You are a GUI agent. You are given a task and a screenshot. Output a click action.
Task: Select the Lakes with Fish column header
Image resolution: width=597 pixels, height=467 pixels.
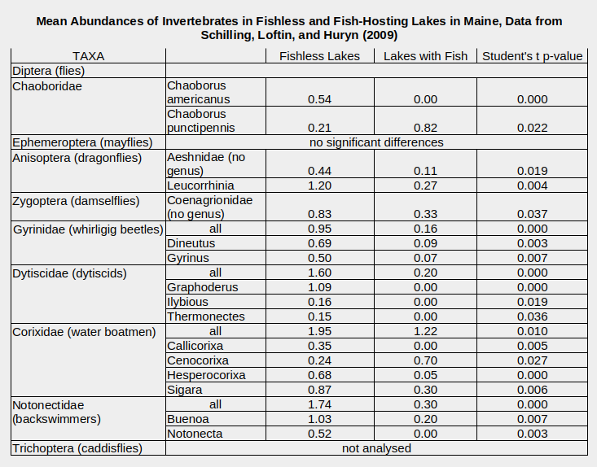click(425, 56)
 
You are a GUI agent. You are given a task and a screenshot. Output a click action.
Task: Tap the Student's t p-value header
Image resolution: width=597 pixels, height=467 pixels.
click(533, 56)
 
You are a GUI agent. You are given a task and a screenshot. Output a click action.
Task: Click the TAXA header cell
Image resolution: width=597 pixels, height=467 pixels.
click(89, 56)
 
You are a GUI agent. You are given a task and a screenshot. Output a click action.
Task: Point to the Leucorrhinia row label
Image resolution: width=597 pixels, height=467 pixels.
click(200, 185)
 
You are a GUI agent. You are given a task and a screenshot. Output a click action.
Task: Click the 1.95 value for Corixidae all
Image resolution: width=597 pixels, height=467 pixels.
click(319, 331)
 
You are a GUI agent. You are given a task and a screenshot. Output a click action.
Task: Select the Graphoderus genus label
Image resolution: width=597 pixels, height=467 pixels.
click(203, 287)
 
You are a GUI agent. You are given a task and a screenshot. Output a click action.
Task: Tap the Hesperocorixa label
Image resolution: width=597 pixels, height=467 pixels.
click(206, 375)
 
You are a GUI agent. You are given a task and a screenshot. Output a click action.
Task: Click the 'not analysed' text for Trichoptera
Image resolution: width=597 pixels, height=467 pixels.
click(376, 448)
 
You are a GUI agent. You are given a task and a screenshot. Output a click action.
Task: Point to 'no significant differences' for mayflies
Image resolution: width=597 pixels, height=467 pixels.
click(376, 142)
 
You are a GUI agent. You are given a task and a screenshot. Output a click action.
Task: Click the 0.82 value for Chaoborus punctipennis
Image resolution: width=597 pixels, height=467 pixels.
click(425, 128)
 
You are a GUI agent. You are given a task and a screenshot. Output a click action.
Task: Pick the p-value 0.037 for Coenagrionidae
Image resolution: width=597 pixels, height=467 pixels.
click(533, 214)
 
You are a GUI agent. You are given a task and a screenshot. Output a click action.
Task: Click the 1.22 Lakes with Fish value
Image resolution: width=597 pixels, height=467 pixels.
click(425, 331)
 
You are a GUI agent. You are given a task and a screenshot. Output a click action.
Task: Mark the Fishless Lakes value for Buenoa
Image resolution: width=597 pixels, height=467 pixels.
click(319, 419)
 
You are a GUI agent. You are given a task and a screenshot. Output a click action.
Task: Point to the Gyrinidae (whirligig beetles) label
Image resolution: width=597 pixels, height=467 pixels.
click(89, 229)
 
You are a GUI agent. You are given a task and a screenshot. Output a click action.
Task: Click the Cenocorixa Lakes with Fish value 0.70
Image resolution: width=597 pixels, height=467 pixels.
click(425, 360)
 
